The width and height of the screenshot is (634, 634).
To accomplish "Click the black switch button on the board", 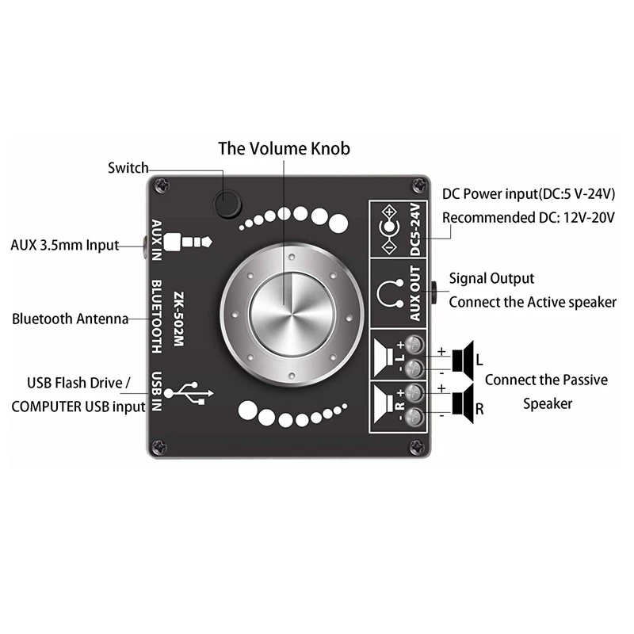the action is coord(228,204).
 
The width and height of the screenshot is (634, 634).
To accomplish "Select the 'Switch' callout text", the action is coord(128,167).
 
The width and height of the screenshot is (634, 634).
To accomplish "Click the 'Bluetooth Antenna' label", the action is coord(70,319).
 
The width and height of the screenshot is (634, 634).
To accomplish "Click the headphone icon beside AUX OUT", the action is coord(388,294).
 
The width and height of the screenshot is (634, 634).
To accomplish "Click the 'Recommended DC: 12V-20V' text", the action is coord(529,218).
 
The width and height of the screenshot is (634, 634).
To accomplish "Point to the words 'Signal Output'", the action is coord(491,278).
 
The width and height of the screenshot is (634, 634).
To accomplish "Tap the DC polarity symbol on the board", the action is coord(389,228).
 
